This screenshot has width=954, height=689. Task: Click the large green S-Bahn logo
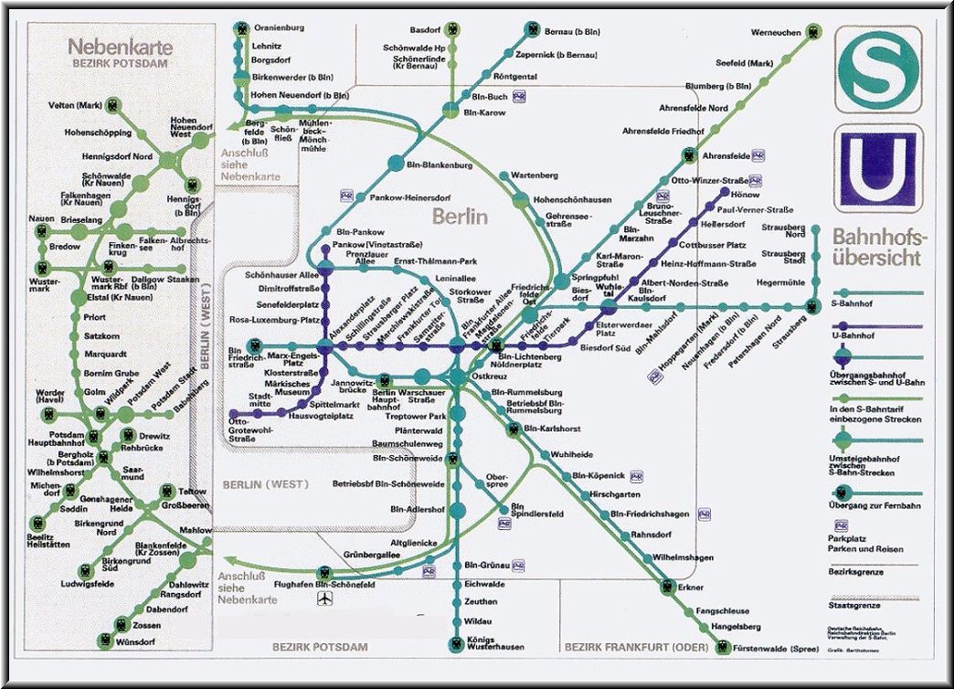[x=877, y=69]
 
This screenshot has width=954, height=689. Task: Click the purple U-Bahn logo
[x=877, y=169]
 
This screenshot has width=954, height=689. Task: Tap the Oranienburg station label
[x=280, y=27]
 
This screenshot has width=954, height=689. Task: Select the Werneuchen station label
[x=776, y=33]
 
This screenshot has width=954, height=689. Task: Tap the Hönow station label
[x=747, y=195]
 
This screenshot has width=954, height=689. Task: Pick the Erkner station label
[x=692, y=588]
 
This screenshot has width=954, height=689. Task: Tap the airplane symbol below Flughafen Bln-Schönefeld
[x=323, y=599]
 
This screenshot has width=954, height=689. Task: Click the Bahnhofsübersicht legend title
[x=879, y=248]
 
